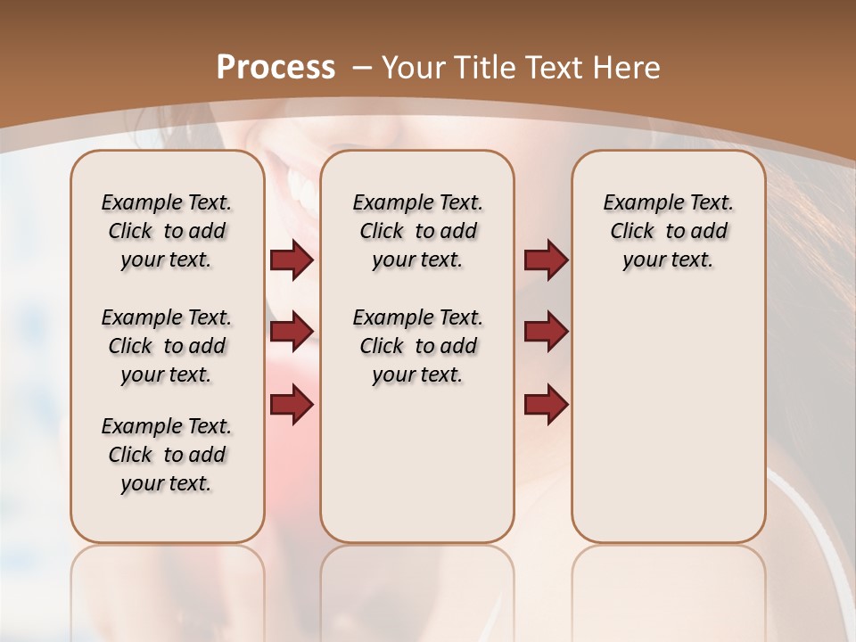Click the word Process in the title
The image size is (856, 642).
[x=276, y=68]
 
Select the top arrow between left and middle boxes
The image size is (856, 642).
[x=292, y=260]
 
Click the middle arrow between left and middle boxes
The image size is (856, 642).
[x=292, y=332]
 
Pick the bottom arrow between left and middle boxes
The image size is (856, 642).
[x=292, y=404]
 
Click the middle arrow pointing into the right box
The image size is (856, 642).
[x=546, y=332]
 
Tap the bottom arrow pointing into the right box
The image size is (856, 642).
[x=546, y=404]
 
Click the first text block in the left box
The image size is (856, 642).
[x=167, y=231]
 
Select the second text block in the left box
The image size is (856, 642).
[x=167, y=346]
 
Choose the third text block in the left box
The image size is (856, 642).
[x=167, y=455]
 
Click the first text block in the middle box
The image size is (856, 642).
[x=417, y=231]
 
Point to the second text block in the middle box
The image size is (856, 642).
[x=417, y=346]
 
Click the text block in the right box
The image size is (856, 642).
[x=668, y=231]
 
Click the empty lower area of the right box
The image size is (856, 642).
[x=668, y=419]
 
